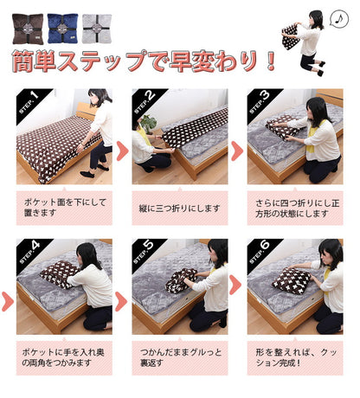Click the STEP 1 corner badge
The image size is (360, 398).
tap(29, 100)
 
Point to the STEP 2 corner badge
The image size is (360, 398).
tap(144, 100)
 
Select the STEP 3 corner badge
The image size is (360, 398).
tap(260, 100)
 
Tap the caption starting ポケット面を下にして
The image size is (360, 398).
tap(64, 208)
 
